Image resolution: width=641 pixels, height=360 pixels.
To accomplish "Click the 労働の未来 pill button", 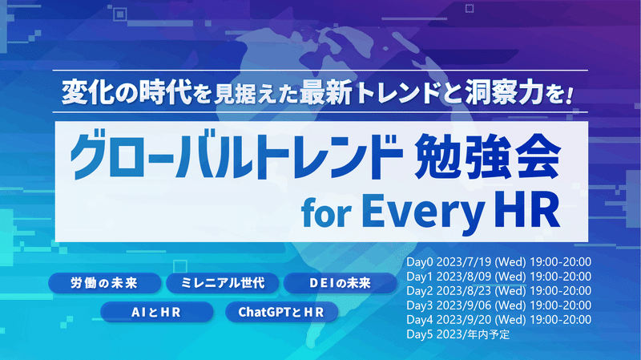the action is tap(105, 283).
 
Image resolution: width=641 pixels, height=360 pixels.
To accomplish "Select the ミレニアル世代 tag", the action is tap(223, 283).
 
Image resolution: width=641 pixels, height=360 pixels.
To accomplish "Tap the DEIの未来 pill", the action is tap(340, 283).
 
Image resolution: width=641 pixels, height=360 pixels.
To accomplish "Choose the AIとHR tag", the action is tap(156, 312).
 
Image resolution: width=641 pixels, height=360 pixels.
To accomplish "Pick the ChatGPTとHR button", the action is tap(282, 312).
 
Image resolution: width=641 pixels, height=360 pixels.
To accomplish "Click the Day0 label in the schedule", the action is tap(419, 262).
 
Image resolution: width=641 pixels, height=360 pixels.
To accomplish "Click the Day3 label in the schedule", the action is tap(419, 305).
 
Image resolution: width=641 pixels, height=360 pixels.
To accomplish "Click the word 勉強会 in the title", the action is tap(487, 156).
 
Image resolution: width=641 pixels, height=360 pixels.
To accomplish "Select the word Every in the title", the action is tap(424, 212).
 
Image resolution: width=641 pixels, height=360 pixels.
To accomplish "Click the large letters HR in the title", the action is tap(527, 210).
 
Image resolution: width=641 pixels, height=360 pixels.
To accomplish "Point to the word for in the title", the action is tap(326, 213).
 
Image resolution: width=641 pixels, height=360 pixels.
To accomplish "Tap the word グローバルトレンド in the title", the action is tap(236, 156).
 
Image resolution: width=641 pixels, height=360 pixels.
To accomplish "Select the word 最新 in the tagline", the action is tap(326, 93).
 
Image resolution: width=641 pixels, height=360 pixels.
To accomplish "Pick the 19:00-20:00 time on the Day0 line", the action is tap(560, 262).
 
